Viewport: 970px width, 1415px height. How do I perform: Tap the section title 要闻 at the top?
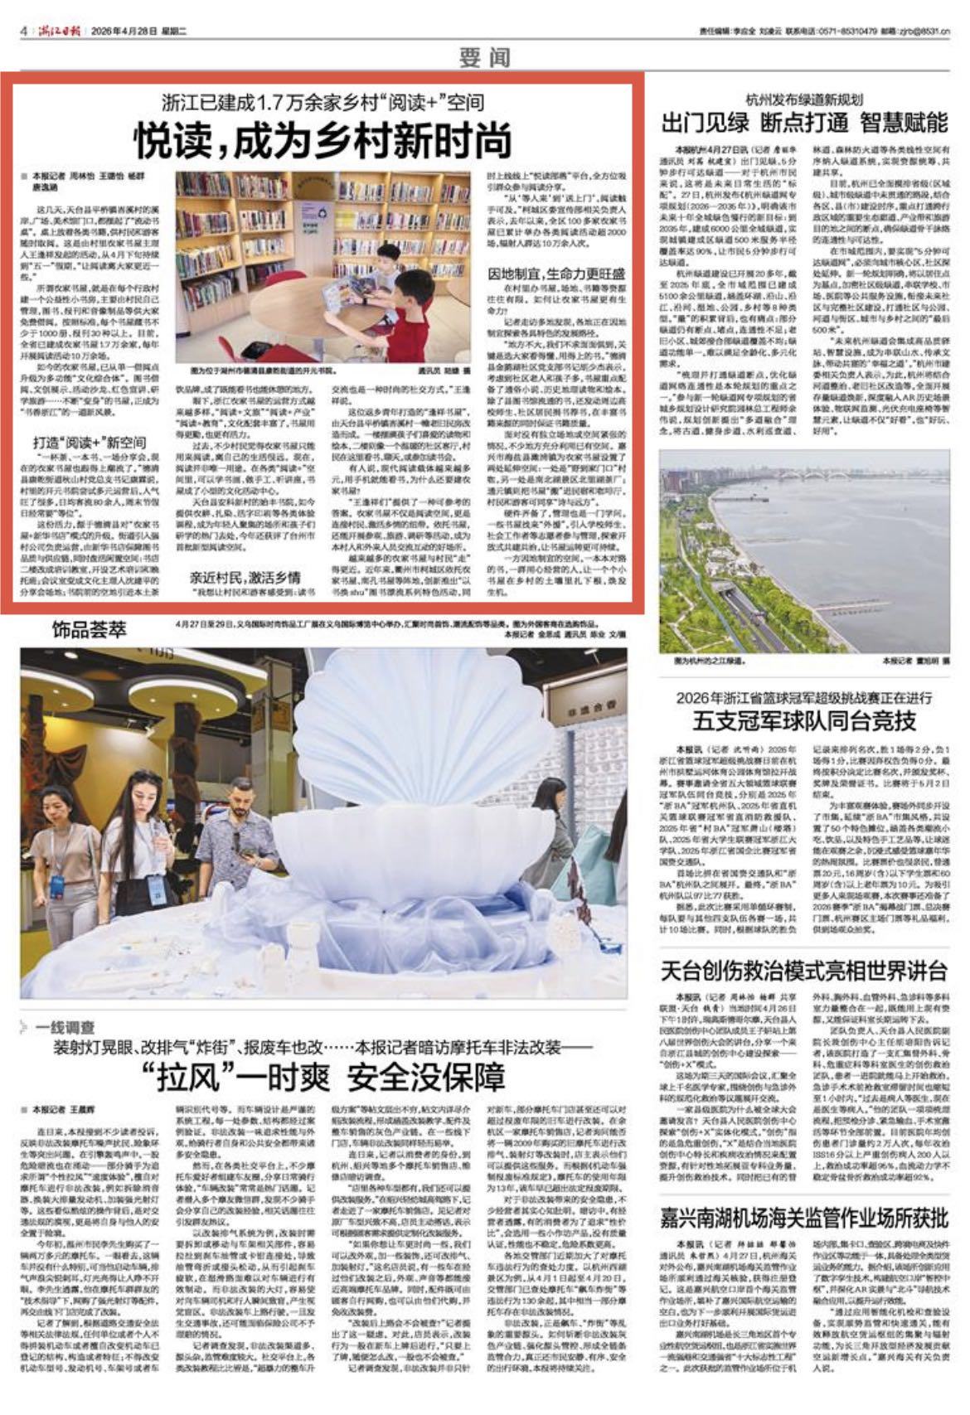(484, 57)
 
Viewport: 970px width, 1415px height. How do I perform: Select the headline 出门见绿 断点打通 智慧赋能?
(803, 123)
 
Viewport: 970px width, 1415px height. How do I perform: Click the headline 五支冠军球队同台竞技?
(803, 719)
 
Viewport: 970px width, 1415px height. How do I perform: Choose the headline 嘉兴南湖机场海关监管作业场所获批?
(803, 1218)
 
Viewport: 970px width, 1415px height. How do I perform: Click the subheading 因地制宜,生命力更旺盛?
(556, 274)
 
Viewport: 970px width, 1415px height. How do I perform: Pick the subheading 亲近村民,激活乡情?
(245, 577)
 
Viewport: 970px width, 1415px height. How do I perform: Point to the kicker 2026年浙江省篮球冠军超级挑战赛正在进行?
(803, 696)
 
